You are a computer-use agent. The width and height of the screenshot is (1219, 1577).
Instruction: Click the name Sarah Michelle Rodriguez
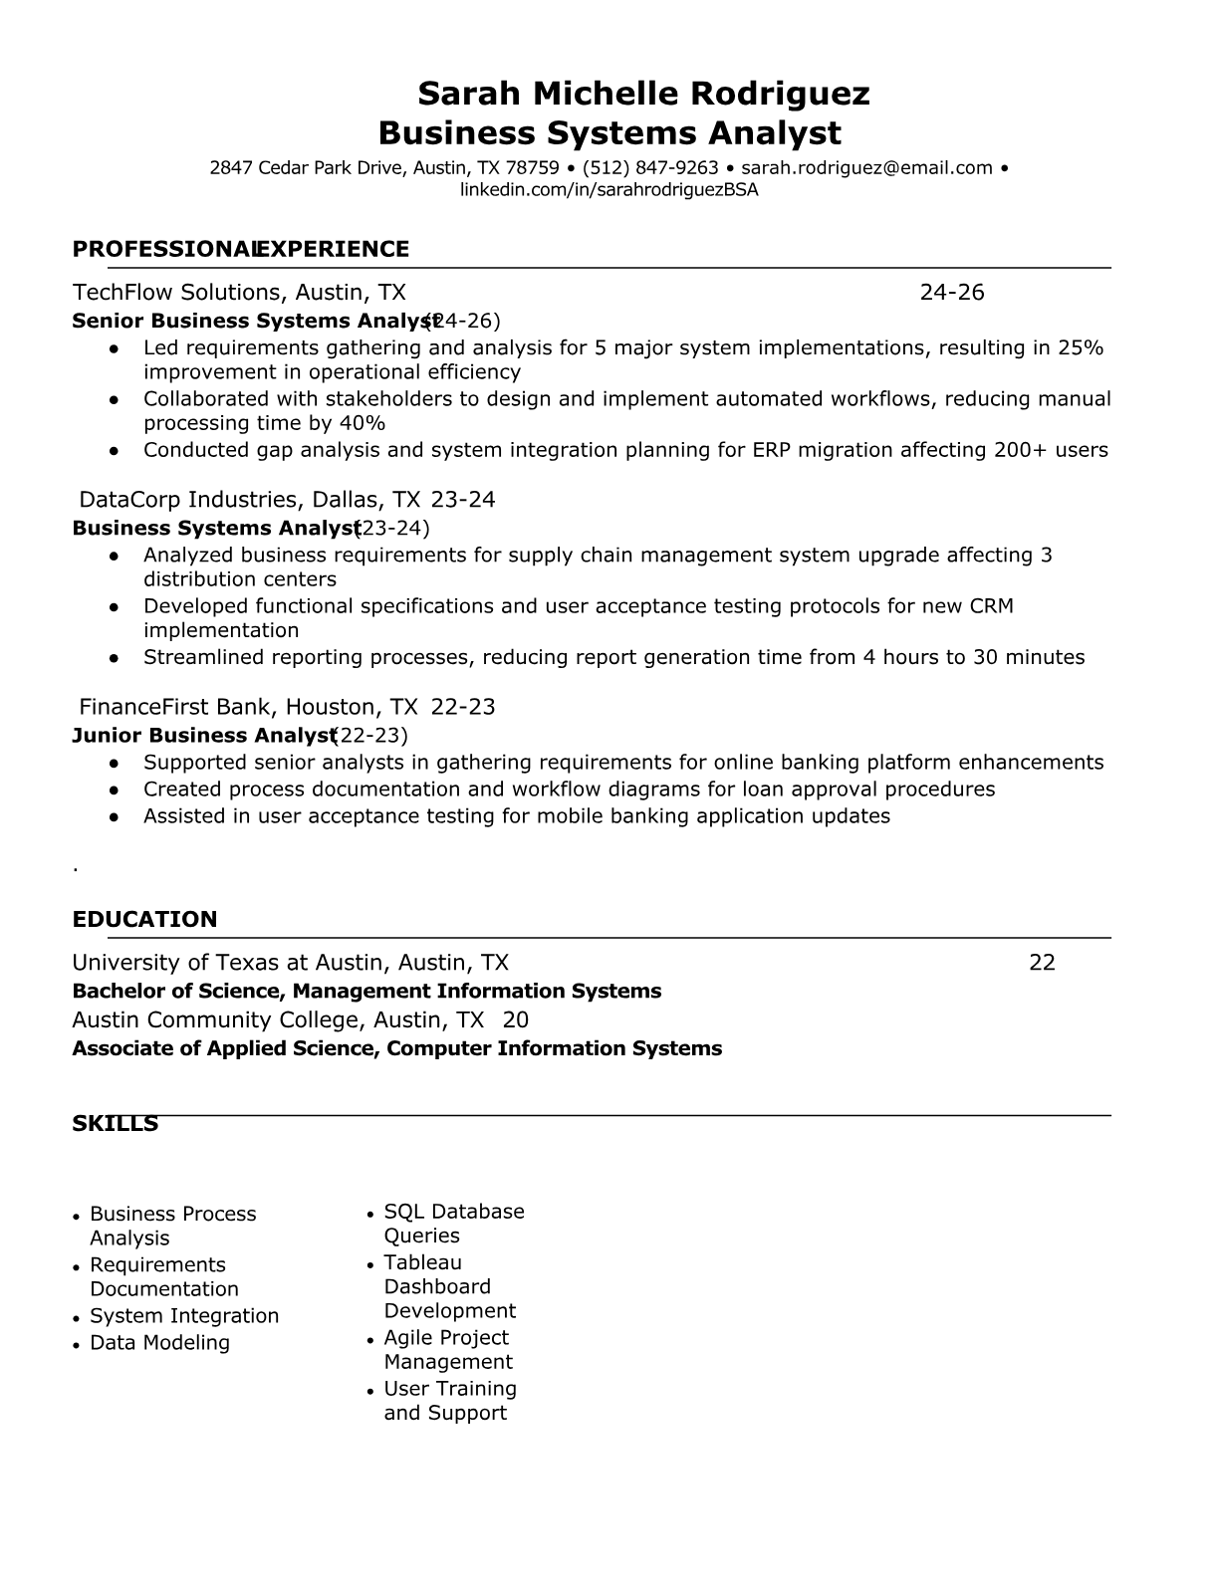643,94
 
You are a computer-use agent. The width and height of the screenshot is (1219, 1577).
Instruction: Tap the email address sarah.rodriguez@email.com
866,168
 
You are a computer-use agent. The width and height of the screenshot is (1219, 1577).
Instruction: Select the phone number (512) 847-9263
650,168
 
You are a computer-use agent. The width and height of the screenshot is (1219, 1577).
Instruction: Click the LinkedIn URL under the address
609,190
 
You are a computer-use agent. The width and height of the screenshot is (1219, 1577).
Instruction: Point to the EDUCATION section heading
144,919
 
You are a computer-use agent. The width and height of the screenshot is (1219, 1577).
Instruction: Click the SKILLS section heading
115,1124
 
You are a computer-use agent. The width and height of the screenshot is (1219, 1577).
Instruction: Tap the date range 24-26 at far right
951,292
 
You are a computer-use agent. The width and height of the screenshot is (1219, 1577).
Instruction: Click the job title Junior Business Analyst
202,736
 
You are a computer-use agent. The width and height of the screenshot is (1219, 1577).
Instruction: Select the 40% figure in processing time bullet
363,423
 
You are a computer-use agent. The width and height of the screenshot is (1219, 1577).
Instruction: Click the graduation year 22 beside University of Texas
1042,962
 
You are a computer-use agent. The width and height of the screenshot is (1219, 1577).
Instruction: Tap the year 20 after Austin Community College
516,1019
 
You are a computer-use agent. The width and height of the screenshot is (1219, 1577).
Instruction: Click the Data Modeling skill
159,1343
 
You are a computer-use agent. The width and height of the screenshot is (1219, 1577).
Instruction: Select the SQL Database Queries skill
453,1224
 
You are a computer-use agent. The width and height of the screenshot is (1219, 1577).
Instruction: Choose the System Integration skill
184,1316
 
